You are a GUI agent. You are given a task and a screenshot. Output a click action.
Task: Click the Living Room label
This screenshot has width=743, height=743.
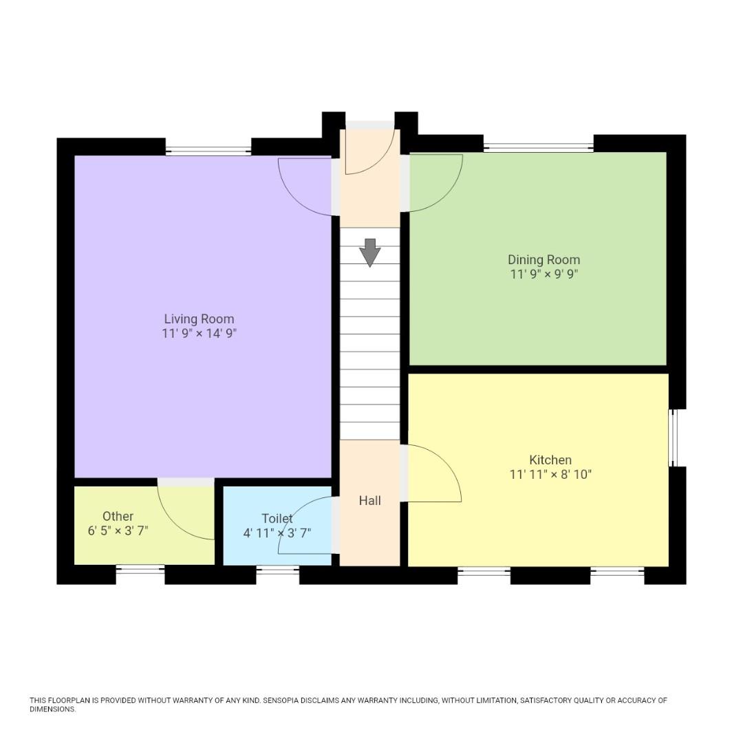point(199,319)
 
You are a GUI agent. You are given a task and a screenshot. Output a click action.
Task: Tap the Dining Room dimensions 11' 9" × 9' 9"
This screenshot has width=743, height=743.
point(543,274)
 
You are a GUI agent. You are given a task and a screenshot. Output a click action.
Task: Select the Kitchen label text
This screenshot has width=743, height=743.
point(550,460)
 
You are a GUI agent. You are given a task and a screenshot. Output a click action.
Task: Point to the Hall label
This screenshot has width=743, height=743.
point(369,500)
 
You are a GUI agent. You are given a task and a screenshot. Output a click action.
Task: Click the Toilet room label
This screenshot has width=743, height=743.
point(277,518)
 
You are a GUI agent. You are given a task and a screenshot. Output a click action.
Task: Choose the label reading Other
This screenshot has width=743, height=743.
point(118,516)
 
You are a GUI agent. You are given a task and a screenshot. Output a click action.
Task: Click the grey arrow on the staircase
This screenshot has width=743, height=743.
point(370,252)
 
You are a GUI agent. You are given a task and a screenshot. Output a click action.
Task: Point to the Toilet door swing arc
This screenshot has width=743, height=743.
point(292,516)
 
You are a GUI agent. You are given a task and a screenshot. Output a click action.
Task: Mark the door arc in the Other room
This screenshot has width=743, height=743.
point(175,519)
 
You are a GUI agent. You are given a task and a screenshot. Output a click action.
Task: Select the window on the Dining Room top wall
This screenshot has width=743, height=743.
point(538,147)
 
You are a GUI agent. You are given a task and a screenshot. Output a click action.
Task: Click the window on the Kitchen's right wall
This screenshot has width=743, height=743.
point(674,438)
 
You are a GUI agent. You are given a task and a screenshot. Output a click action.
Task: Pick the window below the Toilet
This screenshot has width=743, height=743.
point(277,570)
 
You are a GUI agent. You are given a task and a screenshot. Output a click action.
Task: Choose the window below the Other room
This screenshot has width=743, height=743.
point(140,570)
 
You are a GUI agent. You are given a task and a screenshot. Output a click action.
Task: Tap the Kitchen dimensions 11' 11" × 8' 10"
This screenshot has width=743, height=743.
point(550,474)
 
